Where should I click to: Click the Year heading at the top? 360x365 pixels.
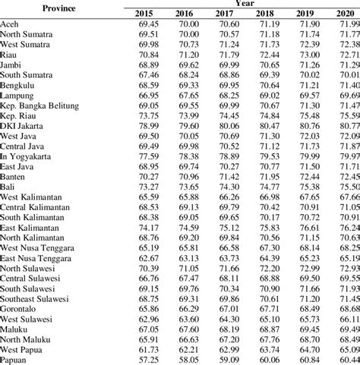[245, 4]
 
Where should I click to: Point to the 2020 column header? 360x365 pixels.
[349, 14]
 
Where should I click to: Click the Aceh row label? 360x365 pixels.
[11, 25]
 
